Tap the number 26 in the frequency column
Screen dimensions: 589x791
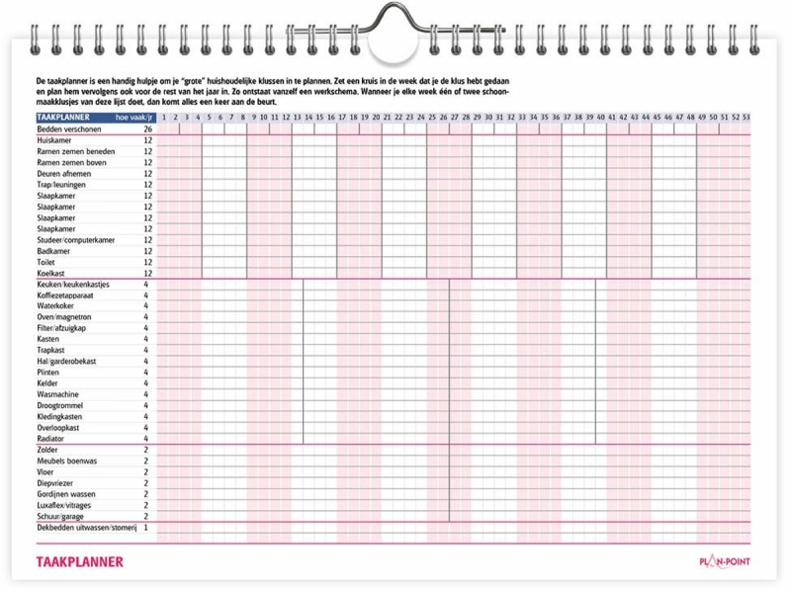[147, 129]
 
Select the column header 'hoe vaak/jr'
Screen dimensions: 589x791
[134, 118]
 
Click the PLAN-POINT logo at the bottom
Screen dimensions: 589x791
[725, 562]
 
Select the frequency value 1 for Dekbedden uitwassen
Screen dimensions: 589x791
[146, 528]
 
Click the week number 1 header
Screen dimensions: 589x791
[164, 118]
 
